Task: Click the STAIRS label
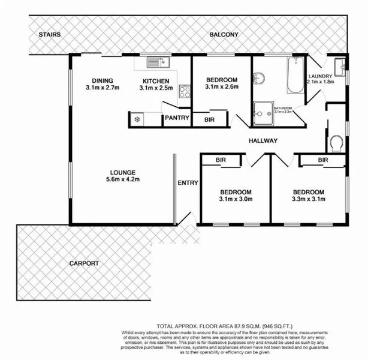pyautogui.click(x=49, y=35)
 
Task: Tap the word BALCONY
pyautogui.click(x=224, y=35)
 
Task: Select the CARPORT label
pyautogui.click(x=83, y=263)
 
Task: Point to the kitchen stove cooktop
pyautogui.click(x=185, y=92)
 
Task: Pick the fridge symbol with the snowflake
pyautogui.click(x=137, y=119)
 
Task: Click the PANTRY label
pyautogui.click(x=177, y=118)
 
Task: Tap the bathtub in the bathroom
pyautogui.click(x=295, y=76)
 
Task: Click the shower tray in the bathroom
pyautogui.click(x=261, y=112)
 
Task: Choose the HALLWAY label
pyautogui.click(x=263, y=141)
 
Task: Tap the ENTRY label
pyautogui.click(x=188, y=182)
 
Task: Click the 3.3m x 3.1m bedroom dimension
pyautogui.click(x=309, y=200)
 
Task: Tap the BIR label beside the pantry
pyautogui.click(x=210, y=119)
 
